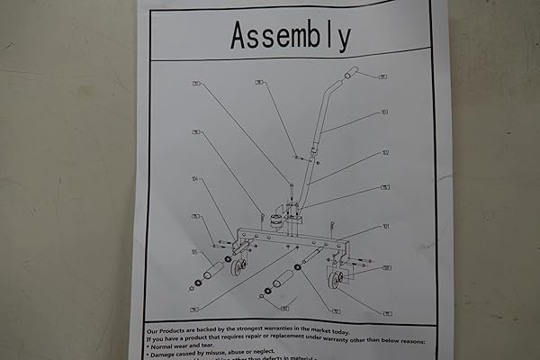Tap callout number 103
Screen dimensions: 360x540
click(384, 113)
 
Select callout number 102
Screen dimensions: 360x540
click(385, 153)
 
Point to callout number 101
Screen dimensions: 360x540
click(385, 227)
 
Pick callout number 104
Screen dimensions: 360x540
click(195, 179)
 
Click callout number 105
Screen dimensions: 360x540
click(194, 252)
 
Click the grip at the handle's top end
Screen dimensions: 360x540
click(351, 72)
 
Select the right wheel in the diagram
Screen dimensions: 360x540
click(337, 282)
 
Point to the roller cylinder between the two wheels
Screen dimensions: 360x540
click(283, 277)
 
